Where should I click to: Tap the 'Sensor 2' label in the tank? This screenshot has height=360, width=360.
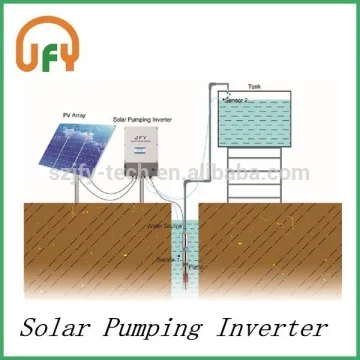pyautogui.click(x=236, y=101)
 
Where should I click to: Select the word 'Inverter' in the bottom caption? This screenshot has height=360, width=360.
pyautogui.click(x=275, y=327)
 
